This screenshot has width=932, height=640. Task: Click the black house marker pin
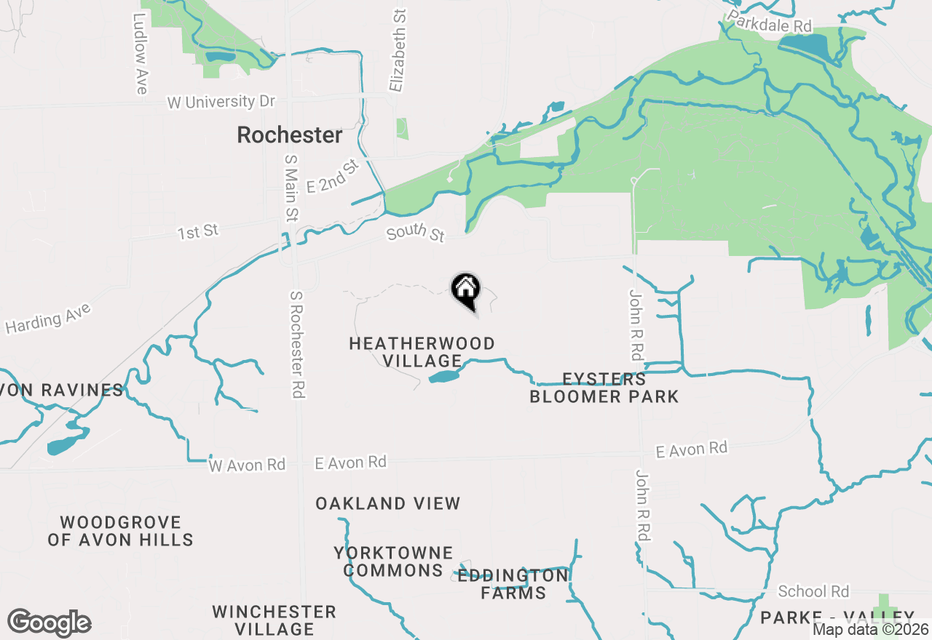coord(466,290)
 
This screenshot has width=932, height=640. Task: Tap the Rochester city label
coord(290,135)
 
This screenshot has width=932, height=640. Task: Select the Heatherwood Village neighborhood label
coord(422,352)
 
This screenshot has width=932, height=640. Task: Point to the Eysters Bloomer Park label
coord(604,388)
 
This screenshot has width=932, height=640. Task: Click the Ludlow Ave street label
coord(141,53)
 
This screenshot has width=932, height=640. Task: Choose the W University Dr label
coord(221,103)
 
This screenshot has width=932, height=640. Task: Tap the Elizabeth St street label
coord(398,51)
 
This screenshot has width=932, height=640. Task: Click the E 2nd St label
coord(333,177)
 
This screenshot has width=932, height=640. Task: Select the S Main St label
coord(291,187)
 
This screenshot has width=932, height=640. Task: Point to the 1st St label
coord(198,232)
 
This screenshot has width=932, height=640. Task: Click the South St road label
coord(415,234)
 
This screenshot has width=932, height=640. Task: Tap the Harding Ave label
coord(49,319)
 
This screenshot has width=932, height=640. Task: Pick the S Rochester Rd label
coord(296,344)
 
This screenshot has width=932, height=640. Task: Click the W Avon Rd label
coord(247,465)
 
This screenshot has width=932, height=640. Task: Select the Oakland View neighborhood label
coord(388,503)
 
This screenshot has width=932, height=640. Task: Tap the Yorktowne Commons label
coord(393,562)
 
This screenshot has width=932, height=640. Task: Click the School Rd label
coord(813,591)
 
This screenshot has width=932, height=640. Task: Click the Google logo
coord(49,623)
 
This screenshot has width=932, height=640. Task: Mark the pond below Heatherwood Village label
coord(445,376)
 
